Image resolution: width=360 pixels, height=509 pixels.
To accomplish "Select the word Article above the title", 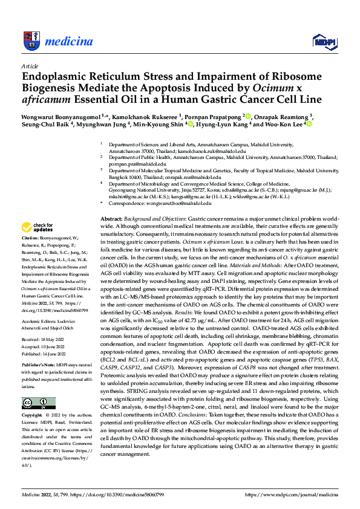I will pyautogui.click(x=29, y=66).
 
